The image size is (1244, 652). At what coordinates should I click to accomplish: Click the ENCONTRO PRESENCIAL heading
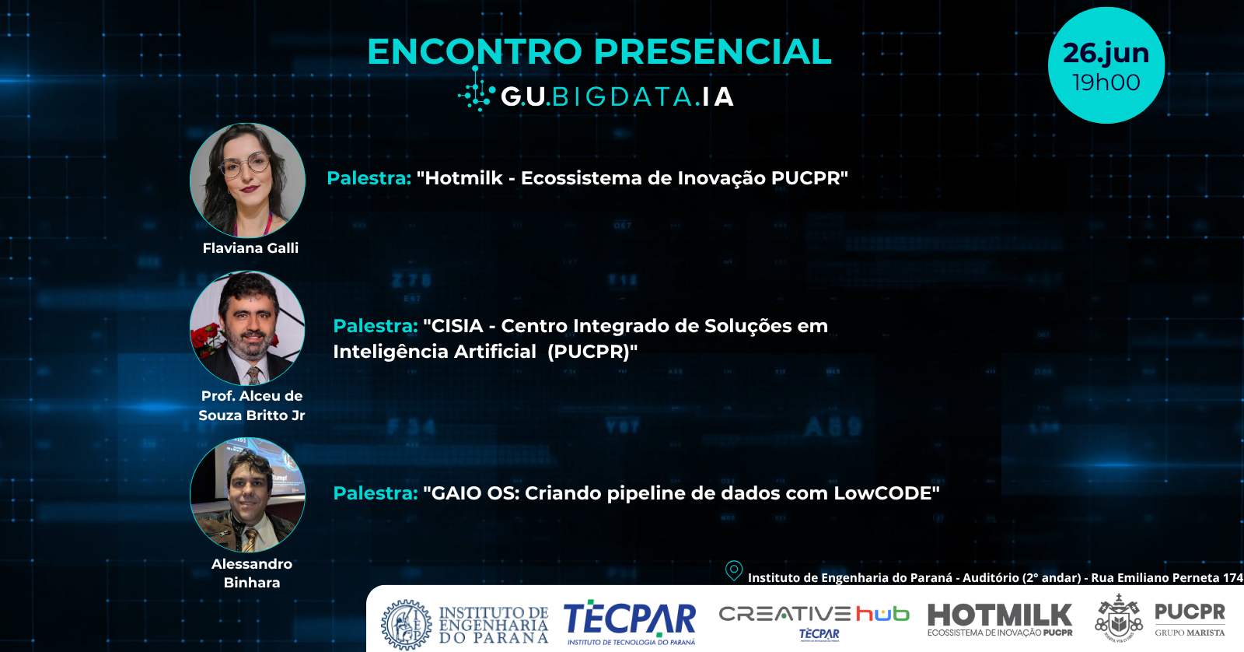pyautogui.click(x=599, y=51)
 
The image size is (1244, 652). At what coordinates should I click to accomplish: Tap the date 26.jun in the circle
pyautogui.click(x=1106, y=54)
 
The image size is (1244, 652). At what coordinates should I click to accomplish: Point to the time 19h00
pyautogui.click(x=1106, y=82)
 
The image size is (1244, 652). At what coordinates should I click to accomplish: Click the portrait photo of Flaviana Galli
pyautogui.click(x=248, y=180)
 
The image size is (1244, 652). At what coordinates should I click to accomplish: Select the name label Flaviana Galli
pyautogui.click(x=250, y=248)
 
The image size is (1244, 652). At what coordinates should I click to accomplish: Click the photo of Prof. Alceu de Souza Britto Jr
pyautogui.click(x=248, y=328)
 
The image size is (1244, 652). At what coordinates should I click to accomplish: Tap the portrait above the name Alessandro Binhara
pyautogui.click(x=248, y=495)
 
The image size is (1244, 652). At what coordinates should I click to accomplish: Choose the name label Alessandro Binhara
pyautogui.click(x=252, y=573)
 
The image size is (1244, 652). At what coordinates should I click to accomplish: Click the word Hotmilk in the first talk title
pyautogui.click(x=463, y=178)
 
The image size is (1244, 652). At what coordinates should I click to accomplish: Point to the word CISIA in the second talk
pyautogui.click(x=457, y=326)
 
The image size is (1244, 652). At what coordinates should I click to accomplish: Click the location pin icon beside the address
pyautogui.click(x=734, y=571)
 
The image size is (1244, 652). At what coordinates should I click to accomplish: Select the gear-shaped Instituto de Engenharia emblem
pyautogui.click(x=407, y=625)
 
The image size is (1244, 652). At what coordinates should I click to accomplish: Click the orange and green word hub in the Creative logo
pyautogui.click(x=882, y=614)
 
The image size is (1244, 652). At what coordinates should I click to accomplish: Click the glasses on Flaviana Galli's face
pyautogui.click(x=245, y=164)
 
